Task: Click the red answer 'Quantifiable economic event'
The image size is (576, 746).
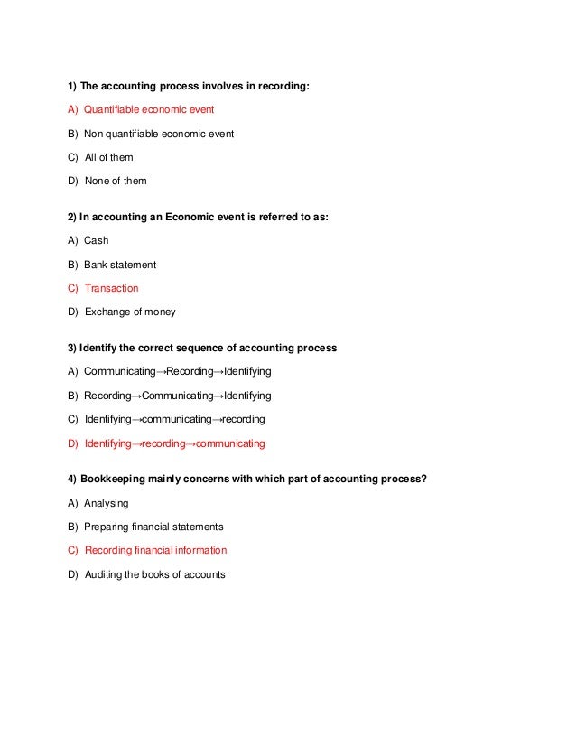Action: click(x=149, y=110)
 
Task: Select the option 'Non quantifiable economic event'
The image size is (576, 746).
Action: click(x=159, y=134)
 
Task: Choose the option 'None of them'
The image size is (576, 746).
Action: click(x=115, y=181)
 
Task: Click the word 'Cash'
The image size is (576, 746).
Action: click(x=96, y=241)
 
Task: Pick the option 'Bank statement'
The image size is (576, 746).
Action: click(x=120, y=265)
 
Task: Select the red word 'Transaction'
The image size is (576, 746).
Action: click(x=111, y=288)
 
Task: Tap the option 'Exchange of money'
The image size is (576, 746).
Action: click(x=130, y=312)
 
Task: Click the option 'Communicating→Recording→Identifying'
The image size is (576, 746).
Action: click(x=177, y=372)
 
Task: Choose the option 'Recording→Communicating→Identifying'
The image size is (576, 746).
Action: click(x=177, y=396)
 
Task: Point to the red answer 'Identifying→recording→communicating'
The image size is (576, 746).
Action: click(x=174, y=443)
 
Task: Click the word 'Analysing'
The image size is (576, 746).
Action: click(x=107, y=503)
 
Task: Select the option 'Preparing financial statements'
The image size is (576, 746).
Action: click(x=153, y=527)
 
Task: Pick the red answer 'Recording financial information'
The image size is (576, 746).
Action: click(x=155, y=550)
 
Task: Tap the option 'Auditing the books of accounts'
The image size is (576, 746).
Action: click(x=154, y=574)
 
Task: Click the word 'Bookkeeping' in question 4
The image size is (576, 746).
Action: click(x=113, y=480)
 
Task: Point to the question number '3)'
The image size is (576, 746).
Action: click(x=72, y=348)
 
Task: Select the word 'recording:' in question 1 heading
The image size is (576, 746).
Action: click(x=283, y=87)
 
